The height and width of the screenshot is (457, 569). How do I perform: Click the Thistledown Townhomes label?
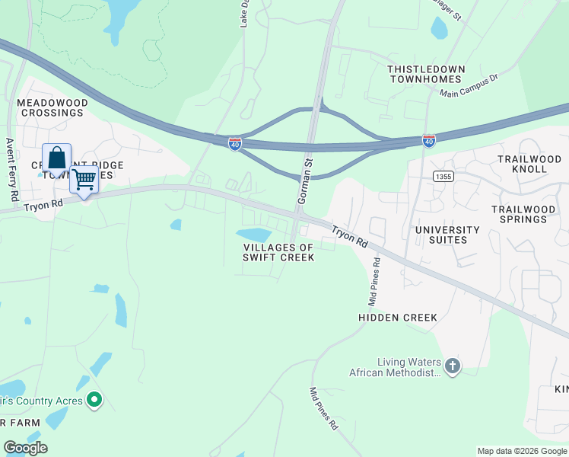click(x=424, y=74)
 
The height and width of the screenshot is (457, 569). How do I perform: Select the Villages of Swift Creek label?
click(x=278, y=252)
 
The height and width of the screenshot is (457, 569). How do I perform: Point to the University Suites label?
click(x=447, y=235)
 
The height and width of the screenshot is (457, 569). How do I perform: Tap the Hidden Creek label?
click(x=398, y=317)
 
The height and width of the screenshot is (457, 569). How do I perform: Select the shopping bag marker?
click(x=56, y=159)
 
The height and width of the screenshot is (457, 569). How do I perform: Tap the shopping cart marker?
click(x=84, y=181)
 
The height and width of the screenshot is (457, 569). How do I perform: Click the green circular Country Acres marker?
click(x=94, y=399)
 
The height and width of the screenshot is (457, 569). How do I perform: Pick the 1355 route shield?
click(x=443, y=177)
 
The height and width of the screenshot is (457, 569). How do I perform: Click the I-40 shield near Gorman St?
click(x=235, y=144)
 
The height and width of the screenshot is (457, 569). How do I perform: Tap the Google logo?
click(x=25, y=448)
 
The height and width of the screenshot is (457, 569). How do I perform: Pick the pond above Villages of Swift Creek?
click(x=253, y=235)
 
